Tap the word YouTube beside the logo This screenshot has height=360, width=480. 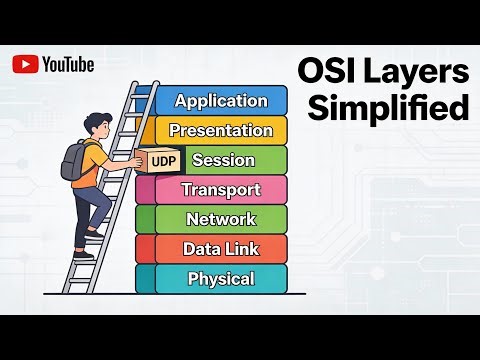(x=68, y=64)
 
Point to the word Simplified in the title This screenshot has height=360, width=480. (x=388, y=108)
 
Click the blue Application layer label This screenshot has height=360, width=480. (x=221, y=100)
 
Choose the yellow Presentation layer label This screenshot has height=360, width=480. (x=221, y=130)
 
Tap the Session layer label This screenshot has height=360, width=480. (x=223, y=160)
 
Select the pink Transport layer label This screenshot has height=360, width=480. (x=221, y=189)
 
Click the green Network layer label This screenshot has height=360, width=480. (x=221, y=219)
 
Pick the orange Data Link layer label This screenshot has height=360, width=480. (x=221, y=249)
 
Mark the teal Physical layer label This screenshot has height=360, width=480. (x=221, y=279)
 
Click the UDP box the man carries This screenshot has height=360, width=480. (x=155, y=160)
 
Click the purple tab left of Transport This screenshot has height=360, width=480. (x=144, y=189)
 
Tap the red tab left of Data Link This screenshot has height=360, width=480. (x=144, y=249)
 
